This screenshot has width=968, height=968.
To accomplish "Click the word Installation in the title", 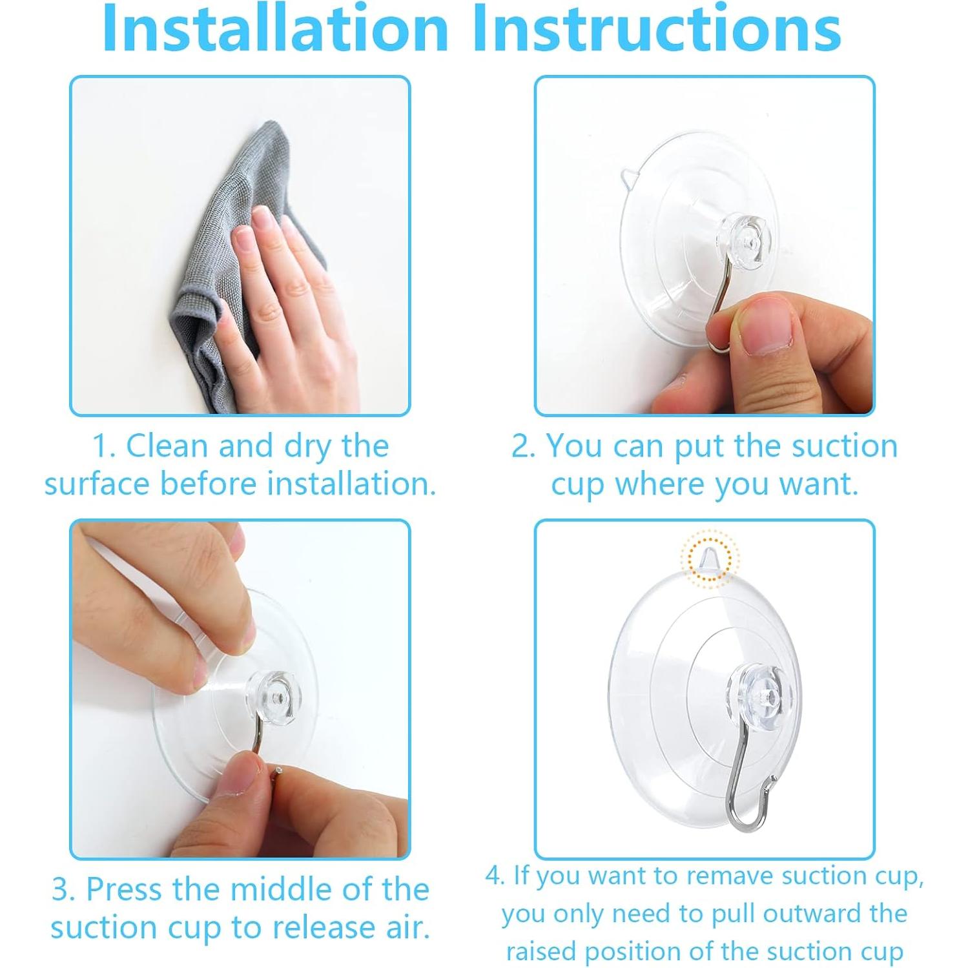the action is click(275, 29).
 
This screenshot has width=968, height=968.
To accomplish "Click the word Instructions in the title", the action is click(657, 29).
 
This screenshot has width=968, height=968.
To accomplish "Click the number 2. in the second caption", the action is click(524, 447).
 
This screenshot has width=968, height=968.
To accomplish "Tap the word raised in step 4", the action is click(542, 952).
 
